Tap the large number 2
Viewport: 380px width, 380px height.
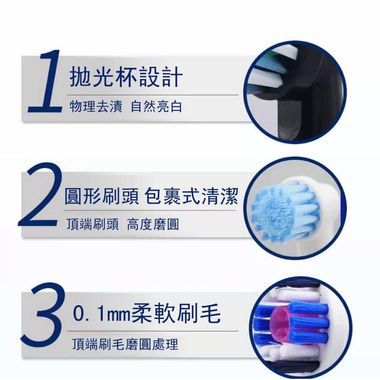pos(41,198)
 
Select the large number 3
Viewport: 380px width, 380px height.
pos(43,315)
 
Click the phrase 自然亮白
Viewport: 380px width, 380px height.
pos(156,107)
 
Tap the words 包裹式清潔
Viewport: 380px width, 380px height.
pos(192,196)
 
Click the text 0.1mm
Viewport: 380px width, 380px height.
pos(101,314)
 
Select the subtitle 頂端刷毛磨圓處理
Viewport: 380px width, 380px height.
pos(125,344)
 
